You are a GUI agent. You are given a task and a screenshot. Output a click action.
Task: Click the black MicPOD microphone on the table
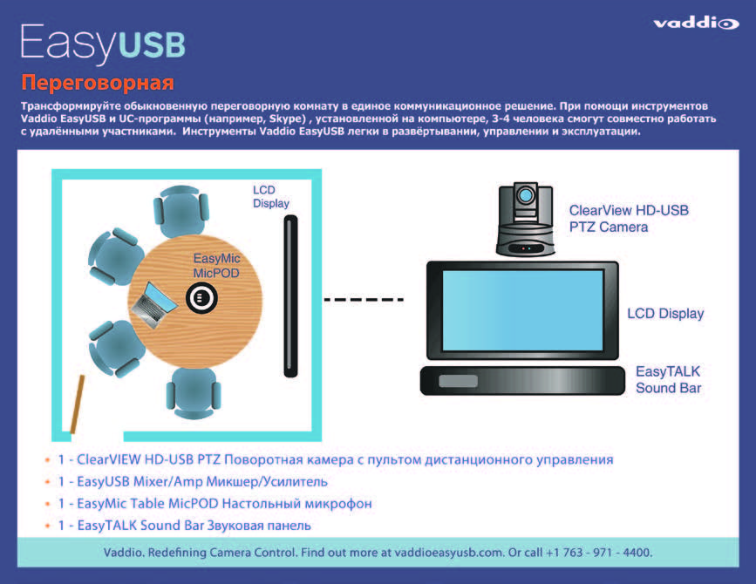click(x=201, y=298)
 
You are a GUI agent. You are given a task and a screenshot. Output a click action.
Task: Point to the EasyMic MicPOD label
click(x=216, y=266)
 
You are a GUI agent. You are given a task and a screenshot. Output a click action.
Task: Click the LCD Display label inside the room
click(x=270, y=196)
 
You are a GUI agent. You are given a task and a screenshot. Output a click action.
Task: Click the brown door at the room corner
click(x=76, y=403)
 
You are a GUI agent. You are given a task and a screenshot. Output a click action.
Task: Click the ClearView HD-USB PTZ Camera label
click(x=629, y=218)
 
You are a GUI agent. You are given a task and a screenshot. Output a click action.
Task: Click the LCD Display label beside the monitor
click(x=665, y=314)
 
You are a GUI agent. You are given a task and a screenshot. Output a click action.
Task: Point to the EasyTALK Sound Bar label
click(x=668, y=379)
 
